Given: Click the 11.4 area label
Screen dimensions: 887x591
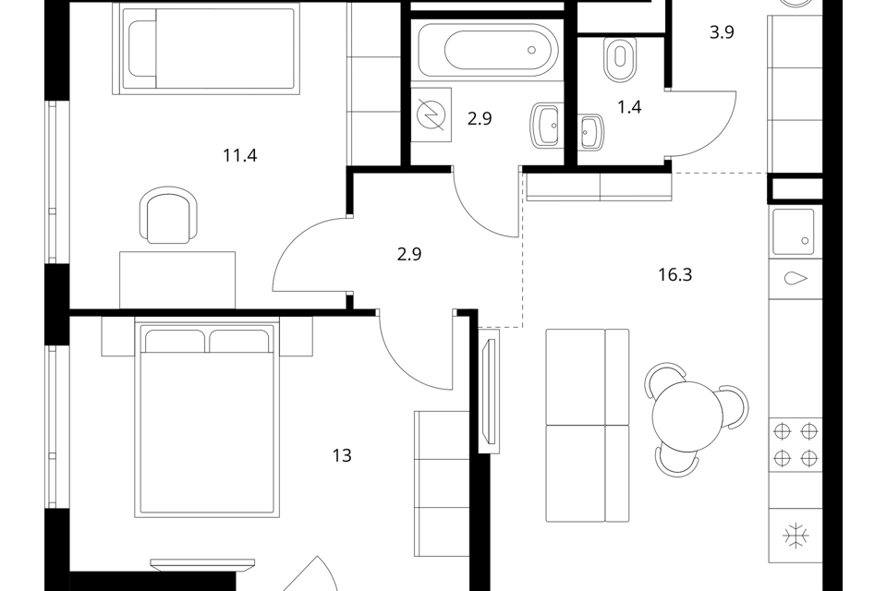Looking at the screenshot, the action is pos(240,155).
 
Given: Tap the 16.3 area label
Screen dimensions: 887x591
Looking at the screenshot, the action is pos(674,275).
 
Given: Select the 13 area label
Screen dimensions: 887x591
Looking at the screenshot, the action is pos(342,455).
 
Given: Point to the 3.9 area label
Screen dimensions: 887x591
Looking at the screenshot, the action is pos(722,32).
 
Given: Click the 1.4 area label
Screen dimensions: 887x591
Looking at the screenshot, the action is pos(629,107).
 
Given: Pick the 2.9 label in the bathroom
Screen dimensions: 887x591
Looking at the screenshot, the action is pos(480,119).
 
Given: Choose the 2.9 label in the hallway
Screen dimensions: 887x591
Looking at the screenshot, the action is pos(409,255).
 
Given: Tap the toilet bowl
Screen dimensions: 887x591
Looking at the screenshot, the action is pos(620,59).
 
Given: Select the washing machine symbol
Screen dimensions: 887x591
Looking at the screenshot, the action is pos(431,115).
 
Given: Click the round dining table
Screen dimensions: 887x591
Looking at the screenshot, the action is pos(687,416).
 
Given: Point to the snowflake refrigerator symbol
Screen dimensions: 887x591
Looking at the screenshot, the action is pos(796,535).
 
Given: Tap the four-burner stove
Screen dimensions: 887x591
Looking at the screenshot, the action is pos(796,444).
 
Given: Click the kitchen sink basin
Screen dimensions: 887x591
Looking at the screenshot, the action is pos(794,231).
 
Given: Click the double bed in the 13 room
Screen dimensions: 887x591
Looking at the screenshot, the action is pos(207,419).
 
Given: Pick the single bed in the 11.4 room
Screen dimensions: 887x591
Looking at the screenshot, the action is pos(206,49).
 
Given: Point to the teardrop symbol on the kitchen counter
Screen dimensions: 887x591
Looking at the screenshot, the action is pos(796,278).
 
